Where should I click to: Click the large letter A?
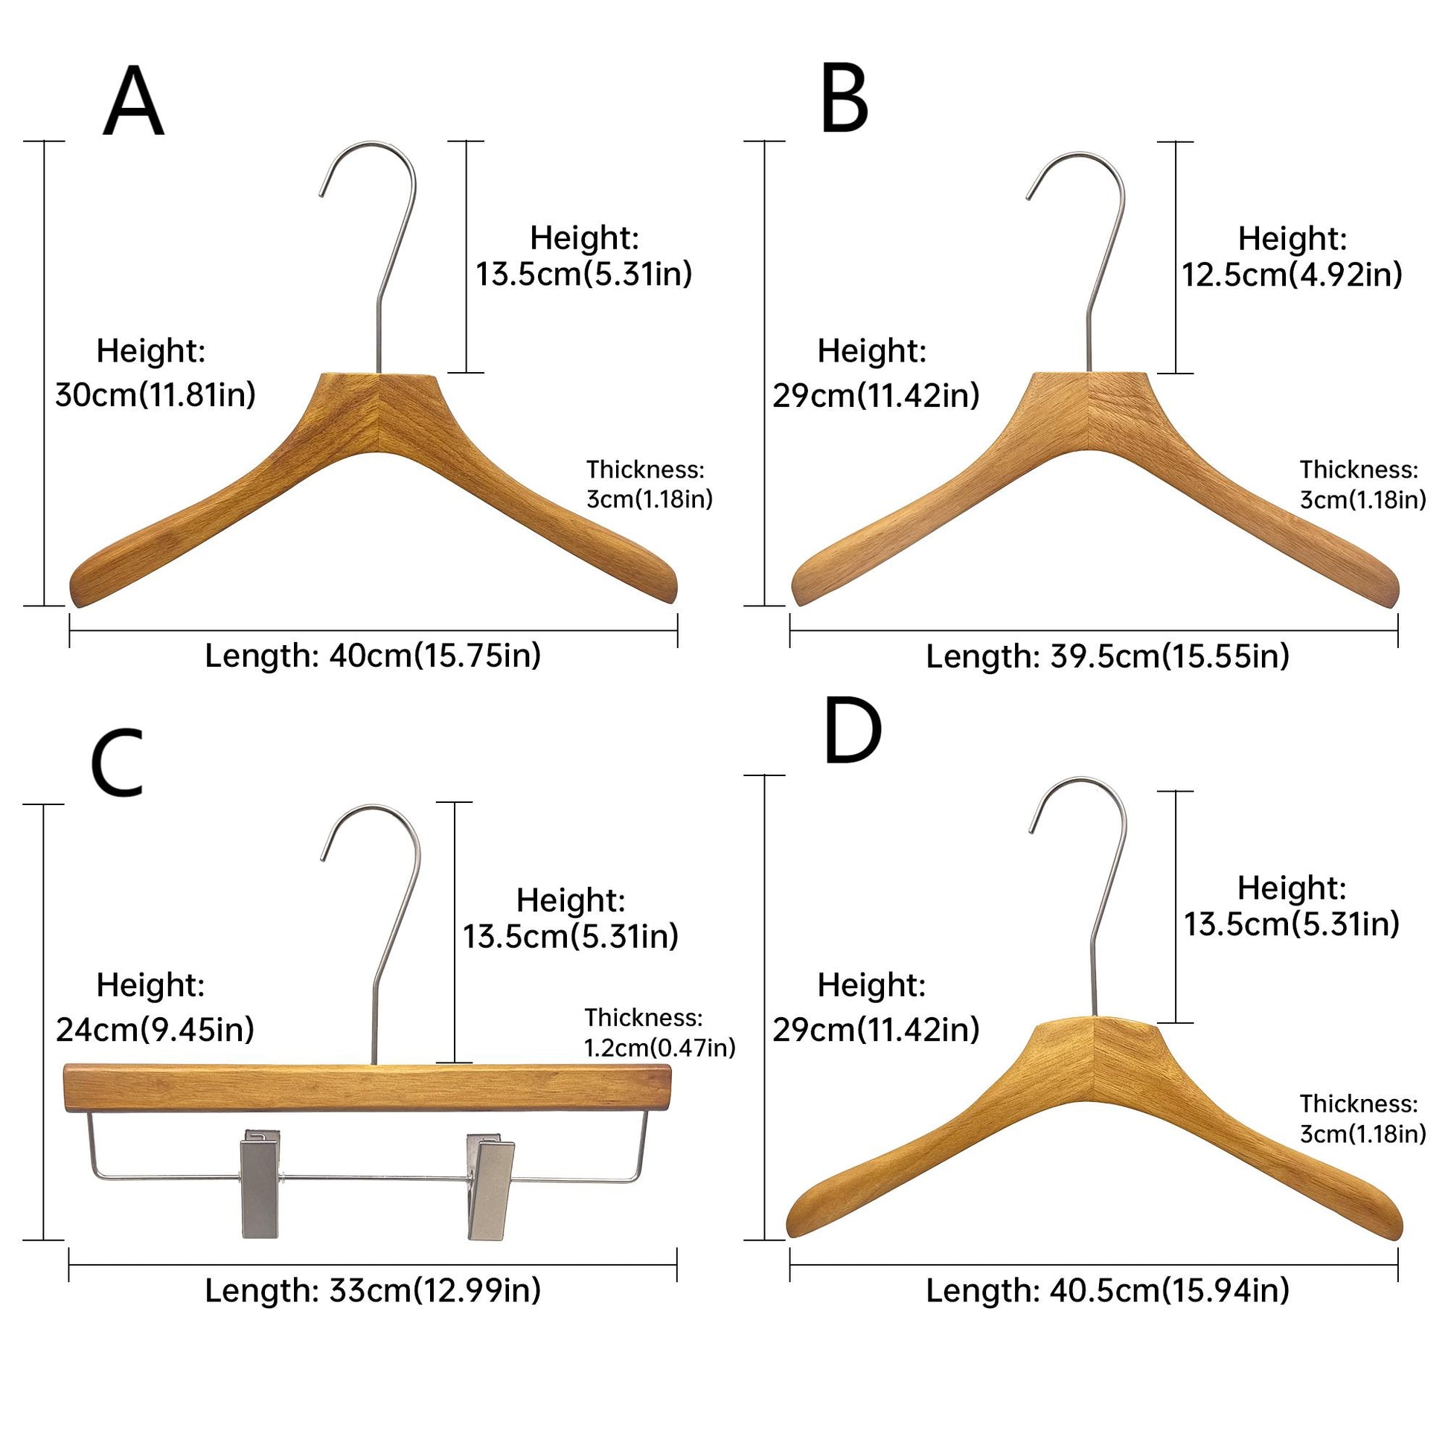point(132,102)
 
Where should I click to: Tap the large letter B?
point(844,100)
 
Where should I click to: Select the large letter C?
point(117,763)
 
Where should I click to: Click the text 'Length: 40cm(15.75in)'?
point(373,656)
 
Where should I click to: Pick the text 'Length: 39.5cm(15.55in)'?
point(1108,656)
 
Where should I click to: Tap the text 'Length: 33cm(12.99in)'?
point(373,1290)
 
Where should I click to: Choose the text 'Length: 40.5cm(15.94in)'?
point(1108,1290)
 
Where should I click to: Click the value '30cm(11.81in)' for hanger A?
point(155,395)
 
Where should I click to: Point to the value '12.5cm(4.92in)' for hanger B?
point(1291,275)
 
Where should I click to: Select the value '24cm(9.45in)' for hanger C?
point(154,1030)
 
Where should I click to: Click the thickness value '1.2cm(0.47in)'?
point(659,1047)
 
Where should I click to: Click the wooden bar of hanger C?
point(368,1089)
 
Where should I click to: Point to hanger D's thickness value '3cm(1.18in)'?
point(1362,1134)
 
